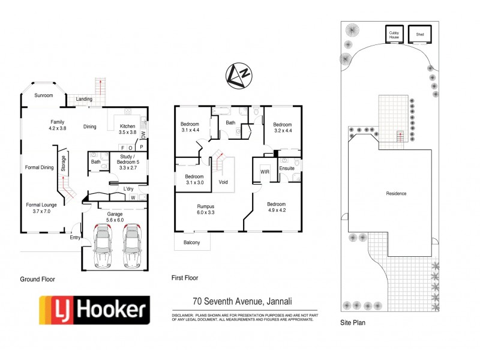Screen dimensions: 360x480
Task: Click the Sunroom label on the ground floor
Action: (43, 95)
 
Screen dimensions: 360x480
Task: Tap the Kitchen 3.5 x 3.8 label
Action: (128, 129)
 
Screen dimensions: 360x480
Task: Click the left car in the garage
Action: (103, 246)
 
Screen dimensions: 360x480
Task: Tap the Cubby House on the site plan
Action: (394, 34)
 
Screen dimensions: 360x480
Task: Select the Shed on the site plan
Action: (419, 34)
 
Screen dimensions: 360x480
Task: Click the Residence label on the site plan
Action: (396, 193)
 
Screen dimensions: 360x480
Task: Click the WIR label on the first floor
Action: (265, 172)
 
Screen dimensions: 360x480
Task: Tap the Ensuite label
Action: (287, 169)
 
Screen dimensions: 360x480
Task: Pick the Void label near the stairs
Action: (223, 182)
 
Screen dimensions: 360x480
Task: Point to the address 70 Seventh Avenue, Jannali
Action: (242, 302)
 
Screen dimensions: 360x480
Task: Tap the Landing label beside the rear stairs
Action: (84, 99)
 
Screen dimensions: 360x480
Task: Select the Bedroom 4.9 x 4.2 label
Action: (281, 206)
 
